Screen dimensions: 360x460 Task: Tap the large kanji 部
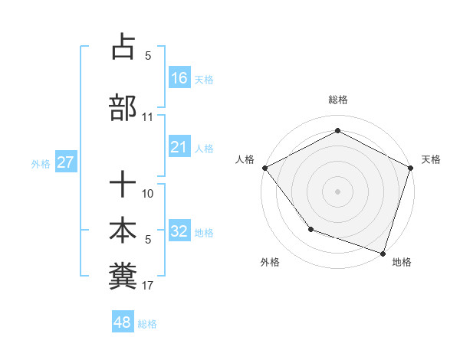(x=123, y=107)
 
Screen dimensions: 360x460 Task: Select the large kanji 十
(x=123, y=185)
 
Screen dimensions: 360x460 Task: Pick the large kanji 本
(x=123, y=231)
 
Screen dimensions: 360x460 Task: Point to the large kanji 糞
(x=123, y=277)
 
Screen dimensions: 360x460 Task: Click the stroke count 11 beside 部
(x=148, y=117)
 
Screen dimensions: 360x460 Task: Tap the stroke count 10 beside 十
(x=148, y=194)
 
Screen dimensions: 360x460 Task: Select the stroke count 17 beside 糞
(x=148, y=286)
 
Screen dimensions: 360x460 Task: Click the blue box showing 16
(x=179, y=77)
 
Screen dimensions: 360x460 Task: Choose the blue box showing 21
(x=179, y=147)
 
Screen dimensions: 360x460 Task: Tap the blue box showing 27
(x=65, y=162)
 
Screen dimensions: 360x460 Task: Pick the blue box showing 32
(x=179, y=231)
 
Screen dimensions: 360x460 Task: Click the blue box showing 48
(x=122, y=322)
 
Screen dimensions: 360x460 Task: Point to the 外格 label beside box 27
(x=41, y=163)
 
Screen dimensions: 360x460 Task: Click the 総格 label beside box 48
(x=147, y=323)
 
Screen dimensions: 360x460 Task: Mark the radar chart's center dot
(x=337, y=191)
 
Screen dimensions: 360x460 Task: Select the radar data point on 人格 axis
(x=264, y=167)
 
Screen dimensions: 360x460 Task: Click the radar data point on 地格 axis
(x=383, y=253)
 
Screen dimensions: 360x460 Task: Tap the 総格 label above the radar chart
(x=337, y=100)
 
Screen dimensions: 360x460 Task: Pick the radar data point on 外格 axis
(x=310, y=228)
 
